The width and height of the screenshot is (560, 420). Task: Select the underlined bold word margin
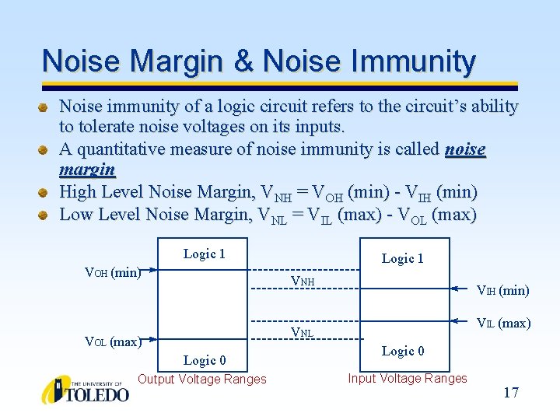click(x=87, y=169)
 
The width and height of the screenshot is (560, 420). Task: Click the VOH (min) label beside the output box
click(x=111, y=273)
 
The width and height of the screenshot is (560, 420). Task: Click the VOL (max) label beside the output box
click(x=112, y=341)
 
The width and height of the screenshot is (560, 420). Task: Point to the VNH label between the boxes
click(x=303, y=280)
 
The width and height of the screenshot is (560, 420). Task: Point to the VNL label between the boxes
click(x=302, y=333)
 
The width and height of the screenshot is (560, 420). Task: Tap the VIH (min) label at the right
click(x=502, y=290)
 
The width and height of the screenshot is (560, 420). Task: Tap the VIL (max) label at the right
click(x=503, y=323)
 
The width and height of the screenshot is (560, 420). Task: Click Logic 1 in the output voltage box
click(x=204, y=254)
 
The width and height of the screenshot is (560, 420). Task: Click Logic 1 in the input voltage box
click(x=402, y=258)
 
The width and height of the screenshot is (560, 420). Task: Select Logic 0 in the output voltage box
click(x=204, y=360)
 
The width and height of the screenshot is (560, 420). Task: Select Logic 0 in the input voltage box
click(x=402, y=351)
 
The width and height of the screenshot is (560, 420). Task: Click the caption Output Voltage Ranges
click(x=201, y=380)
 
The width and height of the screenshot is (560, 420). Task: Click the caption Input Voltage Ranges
click(x=408, y=379)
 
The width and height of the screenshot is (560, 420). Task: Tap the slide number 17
click(x=511, y=393)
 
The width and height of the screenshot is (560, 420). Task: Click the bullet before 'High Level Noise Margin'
click(x=45, y=191)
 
